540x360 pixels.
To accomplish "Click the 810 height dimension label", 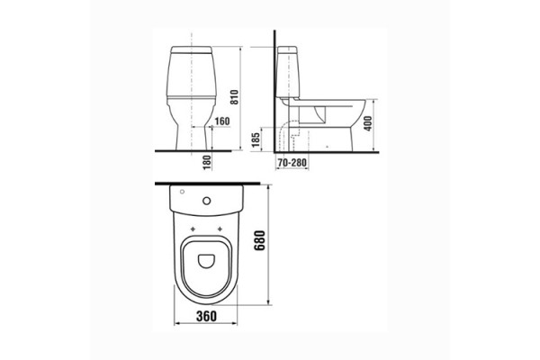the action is (x=234, y=97).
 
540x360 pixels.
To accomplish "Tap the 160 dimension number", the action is (x=222, y=121).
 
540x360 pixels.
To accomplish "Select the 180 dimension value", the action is (x=207, y=163).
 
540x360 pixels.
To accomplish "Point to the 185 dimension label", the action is (x=256, y=139).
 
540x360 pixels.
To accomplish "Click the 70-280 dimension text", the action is (x=292, y=162).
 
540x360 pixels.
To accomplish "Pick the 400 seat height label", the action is (x=368, y=123).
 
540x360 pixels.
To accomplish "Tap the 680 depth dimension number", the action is (x=260, y=240).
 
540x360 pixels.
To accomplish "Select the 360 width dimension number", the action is (x=206, y=316).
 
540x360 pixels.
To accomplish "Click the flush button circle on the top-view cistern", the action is (x=207, y=201).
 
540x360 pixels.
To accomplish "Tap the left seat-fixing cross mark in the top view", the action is (x=193, y=229).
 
